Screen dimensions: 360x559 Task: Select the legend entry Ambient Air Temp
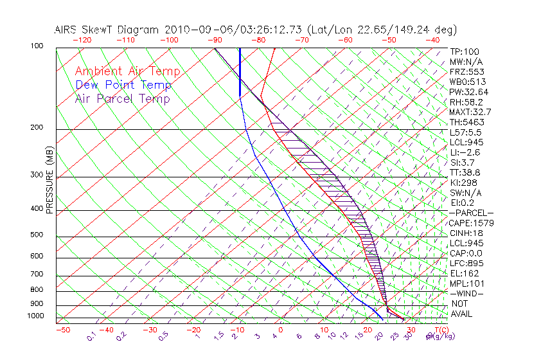click(128, 71)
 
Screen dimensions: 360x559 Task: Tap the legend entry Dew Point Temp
click(123, 85)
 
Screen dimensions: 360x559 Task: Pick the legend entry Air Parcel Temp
click(123, 98)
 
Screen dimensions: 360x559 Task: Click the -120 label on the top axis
click(82, 40)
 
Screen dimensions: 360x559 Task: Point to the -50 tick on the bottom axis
click(63, 330)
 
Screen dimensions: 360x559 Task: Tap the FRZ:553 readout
click(467, 71)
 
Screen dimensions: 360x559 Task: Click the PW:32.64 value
click(469, 92)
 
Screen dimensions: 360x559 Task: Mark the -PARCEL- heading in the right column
click(471, 213)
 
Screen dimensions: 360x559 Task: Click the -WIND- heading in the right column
click(467, 293)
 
